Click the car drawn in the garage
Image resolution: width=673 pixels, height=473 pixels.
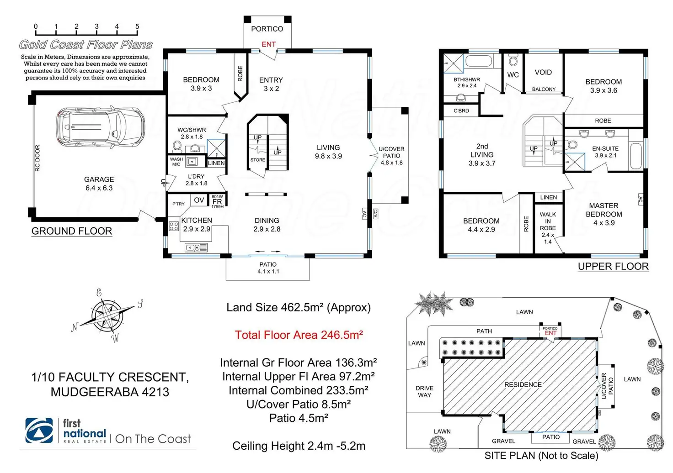pos(100,126)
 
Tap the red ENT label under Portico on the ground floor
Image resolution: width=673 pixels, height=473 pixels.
pos(268,44)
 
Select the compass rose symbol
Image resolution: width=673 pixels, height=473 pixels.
pos(107,315)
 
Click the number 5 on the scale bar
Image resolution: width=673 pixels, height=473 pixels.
pos(137,26)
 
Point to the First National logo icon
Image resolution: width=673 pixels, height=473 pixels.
pos(39,431)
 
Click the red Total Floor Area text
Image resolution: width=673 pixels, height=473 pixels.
pos(299,335)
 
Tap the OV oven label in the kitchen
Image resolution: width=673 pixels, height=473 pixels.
pos(199,200)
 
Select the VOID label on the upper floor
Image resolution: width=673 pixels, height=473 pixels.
pos(543,72)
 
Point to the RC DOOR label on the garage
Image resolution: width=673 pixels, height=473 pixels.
pos(37,158)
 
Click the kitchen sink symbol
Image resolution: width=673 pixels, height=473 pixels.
pos(196,247)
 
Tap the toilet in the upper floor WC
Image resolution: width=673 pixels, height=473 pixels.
pos(513,60)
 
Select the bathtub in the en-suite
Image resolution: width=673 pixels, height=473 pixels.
pos(636,156)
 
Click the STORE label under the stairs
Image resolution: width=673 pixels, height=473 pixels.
pos(258,160)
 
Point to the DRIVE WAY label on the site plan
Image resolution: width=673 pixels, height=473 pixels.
pos(425,391)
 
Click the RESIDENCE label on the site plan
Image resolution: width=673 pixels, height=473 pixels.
pos(523,384)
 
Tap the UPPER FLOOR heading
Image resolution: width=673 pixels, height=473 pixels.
pos(613,266)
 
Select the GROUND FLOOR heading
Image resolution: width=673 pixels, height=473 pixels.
pos(72,231)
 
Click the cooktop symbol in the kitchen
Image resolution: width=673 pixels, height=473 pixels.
pos(174,226)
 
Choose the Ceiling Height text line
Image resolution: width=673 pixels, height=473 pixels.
pos(299,446)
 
